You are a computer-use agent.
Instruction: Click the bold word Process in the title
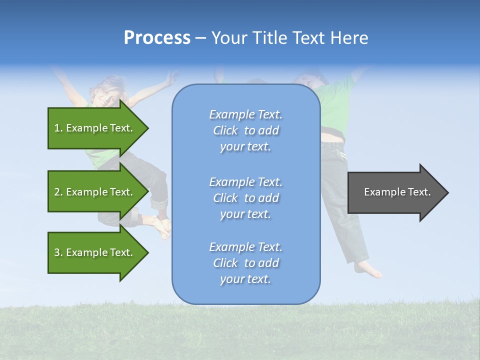(x=157, y=38)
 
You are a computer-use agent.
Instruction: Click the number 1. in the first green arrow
(x=58, y=128)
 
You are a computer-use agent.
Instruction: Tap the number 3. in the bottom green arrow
(x=58, y=252)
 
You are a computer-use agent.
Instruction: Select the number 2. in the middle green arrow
(x=58, y=192)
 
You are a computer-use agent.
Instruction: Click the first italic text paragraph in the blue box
(x=245, y=130)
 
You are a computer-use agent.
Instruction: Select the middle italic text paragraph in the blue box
(x=245, y=198)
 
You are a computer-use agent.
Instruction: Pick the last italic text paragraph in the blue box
(x=245, y=263)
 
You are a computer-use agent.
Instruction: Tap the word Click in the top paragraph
(x=225, y=130)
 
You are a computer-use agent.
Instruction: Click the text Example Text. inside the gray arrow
(x=397, y=192)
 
